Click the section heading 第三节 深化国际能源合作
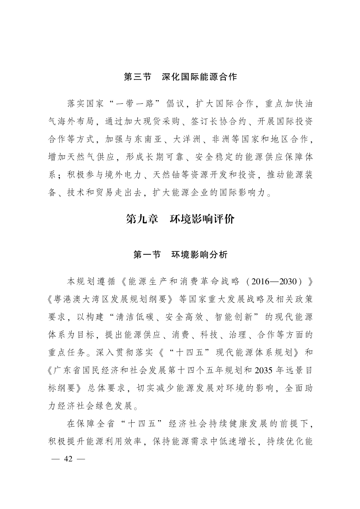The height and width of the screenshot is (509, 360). click(x=180, y=77)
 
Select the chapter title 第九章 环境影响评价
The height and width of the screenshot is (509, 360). click(x=180, y=219)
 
